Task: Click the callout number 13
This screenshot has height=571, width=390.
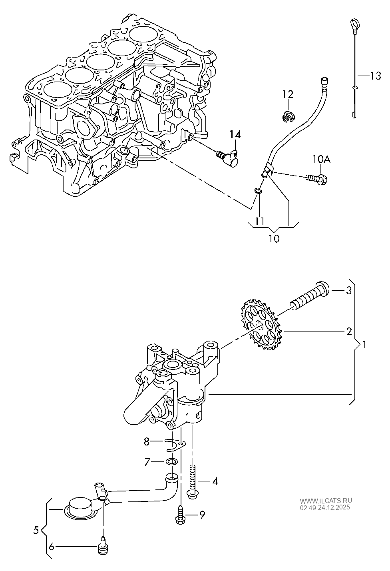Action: pos(375,76)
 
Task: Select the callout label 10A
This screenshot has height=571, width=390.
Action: pos(321,160)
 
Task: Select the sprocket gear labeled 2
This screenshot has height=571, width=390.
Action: pos(260,325)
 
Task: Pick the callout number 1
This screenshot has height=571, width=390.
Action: pos(364,343)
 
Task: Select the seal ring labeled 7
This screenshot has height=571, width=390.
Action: pos(172,462)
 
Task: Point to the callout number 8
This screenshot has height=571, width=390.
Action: pos(147,441)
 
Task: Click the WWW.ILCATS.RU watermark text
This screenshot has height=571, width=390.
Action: pos(326,500)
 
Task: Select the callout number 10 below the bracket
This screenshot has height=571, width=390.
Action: pos(274,239)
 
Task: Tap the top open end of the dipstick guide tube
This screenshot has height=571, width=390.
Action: pos(324,80)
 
